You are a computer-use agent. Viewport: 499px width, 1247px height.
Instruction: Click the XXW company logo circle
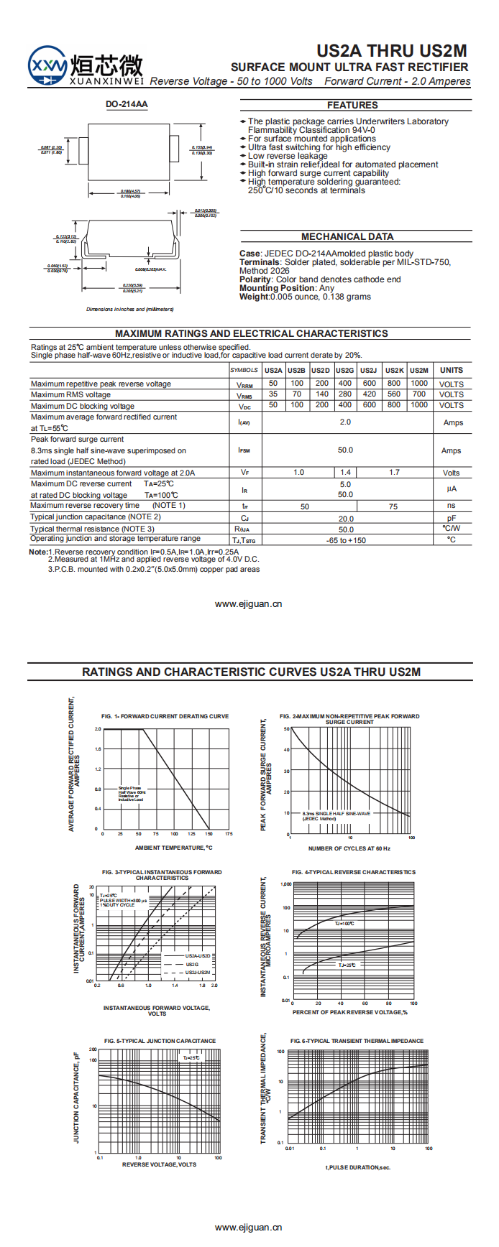[x=47, y=65]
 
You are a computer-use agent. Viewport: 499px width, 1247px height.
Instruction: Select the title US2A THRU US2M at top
[x=392, y=51]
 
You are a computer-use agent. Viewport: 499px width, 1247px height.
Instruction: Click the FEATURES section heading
[x=352, y=105]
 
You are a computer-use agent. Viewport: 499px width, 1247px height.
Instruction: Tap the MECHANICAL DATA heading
[x=347, y=236]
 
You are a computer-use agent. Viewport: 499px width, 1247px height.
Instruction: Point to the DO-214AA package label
[x=127, y=104]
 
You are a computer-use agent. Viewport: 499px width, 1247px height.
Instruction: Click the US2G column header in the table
[x=345, y=371]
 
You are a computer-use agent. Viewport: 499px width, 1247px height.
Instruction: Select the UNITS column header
[x=452, y=371]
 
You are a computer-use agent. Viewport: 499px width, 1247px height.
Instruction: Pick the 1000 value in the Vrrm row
[x=419, y=384]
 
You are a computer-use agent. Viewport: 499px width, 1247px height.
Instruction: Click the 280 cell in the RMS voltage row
[x=345, y=394]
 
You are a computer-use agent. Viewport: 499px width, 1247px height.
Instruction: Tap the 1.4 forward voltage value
[x=345, y=473]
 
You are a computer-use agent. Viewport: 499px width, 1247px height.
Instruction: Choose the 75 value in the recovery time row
[x=393, y=506]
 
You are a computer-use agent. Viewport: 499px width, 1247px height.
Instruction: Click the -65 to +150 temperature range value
[x=346, y=540]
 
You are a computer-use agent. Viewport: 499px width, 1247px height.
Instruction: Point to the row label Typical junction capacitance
[x=96, y=517]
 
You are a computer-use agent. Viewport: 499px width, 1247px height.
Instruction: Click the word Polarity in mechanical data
[x=255, y=279]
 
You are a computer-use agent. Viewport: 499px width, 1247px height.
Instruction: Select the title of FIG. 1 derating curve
[x=165, y=716]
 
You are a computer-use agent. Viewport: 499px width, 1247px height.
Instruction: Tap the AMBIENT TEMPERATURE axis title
[x=173, y=848]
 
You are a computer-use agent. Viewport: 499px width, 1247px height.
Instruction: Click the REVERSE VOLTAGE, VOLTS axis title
[x=159, y=1164]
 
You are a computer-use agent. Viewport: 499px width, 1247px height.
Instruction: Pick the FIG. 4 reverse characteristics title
[x=354, y=872]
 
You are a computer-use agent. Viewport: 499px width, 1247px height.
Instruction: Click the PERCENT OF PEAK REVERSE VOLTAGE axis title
[x=350, y=1012]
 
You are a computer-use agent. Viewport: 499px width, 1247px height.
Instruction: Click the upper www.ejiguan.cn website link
[x=249, y=604]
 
